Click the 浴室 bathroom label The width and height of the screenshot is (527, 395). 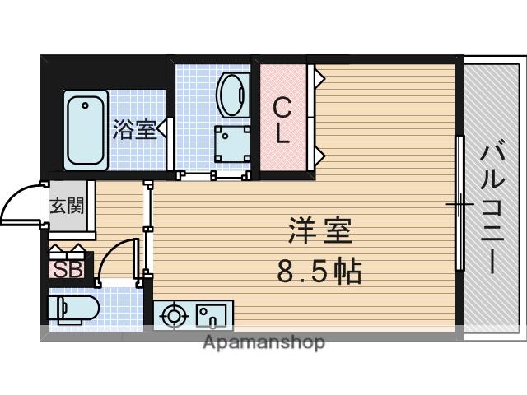click(134, 129)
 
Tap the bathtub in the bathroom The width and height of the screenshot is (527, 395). click(86, 129)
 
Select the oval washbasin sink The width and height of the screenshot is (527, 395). click(233, 95)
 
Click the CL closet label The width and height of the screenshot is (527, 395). click(282, 120)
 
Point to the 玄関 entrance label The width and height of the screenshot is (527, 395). click(68, 206)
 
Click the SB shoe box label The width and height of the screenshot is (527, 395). click(68, 269)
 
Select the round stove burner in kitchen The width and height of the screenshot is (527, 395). click(175, 315)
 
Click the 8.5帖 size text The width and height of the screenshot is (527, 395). click(320, 271)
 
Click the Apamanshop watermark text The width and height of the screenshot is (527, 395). click(263, 342)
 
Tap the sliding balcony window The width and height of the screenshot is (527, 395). click(459, 203)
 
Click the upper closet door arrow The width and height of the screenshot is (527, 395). click(318, 79)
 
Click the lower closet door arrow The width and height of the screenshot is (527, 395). click(318, 155)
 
